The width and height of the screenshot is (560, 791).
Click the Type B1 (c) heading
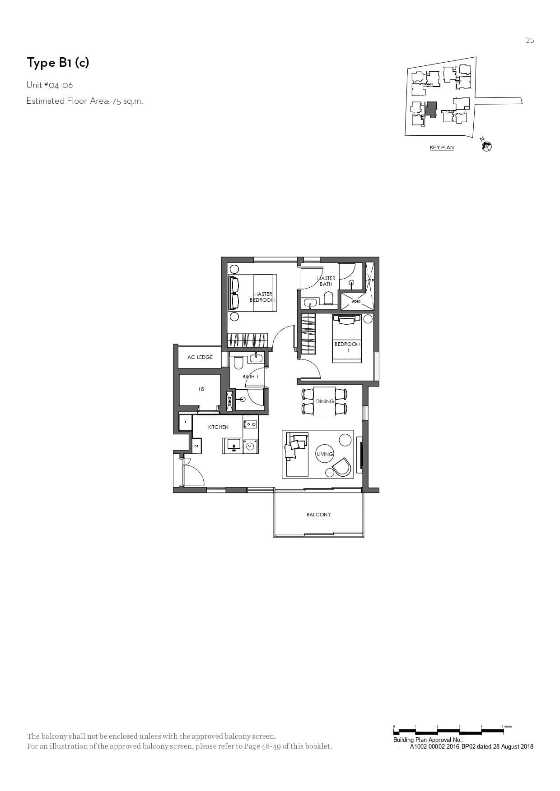58,63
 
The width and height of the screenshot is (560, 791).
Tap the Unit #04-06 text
50,85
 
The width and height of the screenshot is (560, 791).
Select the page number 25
530,41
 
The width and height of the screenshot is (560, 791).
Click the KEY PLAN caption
442,147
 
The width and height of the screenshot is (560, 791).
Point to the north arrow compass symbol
486,145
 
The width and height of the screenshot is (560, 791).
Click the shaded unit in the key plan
431,110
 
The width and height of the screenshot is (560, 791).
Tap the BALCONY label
318,515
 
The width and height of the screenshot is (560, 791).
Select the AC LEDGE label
200,357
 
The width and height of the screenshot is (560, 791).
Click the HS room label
201,389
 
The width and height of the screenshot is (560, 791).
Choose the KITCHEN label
218,427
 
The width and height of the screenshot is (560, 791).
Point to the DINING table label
325,401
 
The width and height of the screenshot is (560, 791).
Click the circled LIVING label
325,454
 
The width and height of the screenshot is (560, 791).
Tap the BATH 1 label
250,377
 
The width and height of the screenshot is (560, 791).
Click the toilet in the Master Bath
328,299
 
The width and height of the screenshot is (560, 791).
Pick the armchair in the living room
341,468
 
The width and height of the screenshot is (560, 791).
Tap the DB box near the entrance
196,446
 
